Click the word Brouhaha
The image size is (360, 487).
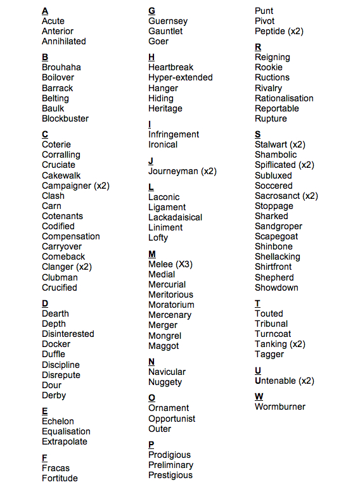pyautogui.click(x=61, y=67)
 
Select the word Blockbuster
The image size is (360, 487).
pyautogui.click(x=65, y=118)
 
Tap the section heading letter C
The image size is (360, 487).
pyautogui.click(x=45, y=134)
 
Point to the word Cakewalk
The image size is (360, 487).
pyautogui.click(x=61, y=175)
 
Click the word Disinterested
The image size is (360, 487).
pyautogui.click(x=68, y=334)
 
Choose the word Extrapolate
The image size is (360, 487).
pyautogui.click(x=65, y=441)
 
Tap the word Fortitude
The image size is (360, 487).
pyautogui.click(x=60, y=478)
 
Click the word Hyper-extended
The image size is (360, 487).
pyautogui.click(x=181, y=77)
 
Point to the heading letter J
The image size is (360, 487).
pyautogui.click(x=151, y=161)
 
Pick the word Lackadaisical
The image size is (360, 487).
pyautogui.click(x=176, y=217)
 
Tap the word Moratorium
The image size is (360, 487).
pyautogui.click(x=171, y=305)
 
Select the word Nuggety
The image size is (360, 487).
pyautogui.click(x=165, y=382)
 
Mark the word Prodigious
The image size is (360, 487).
pyautogui.click(x=169, y=455)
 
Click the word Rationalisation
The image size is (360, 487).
pyautogui.click(x=284, y=98)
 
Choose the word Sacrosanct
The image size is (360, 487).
pyautogui.click(x=278, y=196)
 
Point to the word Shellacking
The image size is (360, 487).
pyautogui.click(x=278, y=256)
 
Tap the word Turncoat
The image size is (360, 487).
pyautogui.click(x=273, y=334)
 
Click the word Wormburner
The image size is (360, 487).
pyautogui.click(x=280, y=407)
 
